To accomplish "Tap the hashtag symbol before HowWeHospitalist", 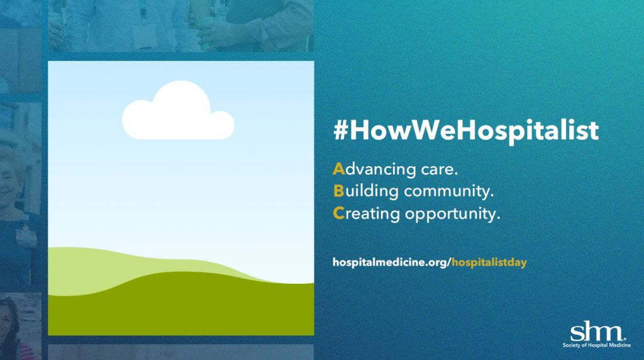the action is pos(340,131).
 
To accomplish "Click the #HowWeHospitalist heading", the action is pos(466,132).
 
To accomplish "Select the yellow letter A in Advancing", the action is pos(339,169).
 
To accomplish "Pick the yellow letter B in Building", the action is pos(339,191).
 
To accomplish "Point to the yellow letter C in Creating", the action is pos(339,213).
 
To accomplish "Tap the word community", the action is pos(449,192).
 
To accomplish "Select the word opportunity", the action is pos(453,215).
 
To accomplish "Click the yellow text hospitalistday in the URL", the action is pos(489,262).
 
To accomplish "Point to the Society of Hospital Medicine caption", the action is pos(597,345).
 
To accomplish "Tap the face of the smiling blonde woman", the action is pos(8,181).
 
